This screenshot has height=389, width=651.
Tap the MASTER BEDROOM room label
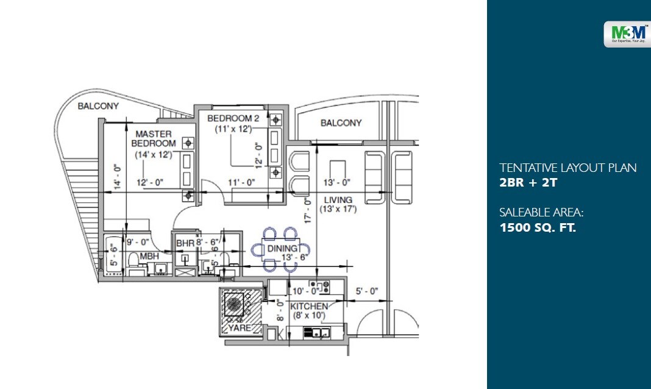tap(154, 138)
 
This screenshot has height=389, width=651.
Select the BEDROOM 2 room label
tap(232, 118)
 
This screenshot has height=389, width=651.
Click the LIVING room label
tap(338, 200)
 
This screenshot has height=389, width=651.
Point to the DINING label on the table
tap(281, 249)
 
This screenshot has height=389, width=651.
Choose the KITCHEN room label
tap(309, 306)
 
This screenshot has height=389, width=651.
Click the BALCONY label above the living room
tap(341, 123)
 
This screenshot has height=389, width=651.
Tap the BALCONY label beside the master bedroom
tap(98, 106)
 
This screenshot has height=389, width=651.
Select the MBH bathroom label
tap(149, 257)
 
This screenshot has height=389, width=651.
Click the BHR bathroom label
tap(184, 243)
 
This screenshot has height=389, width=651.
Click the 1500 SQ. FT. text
tap(538, 228)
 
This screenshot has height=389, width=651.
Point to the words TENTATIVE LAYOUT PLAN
tap(567, 168)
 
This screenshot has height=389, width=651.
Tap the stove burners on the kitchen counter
tap(319, 284)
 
